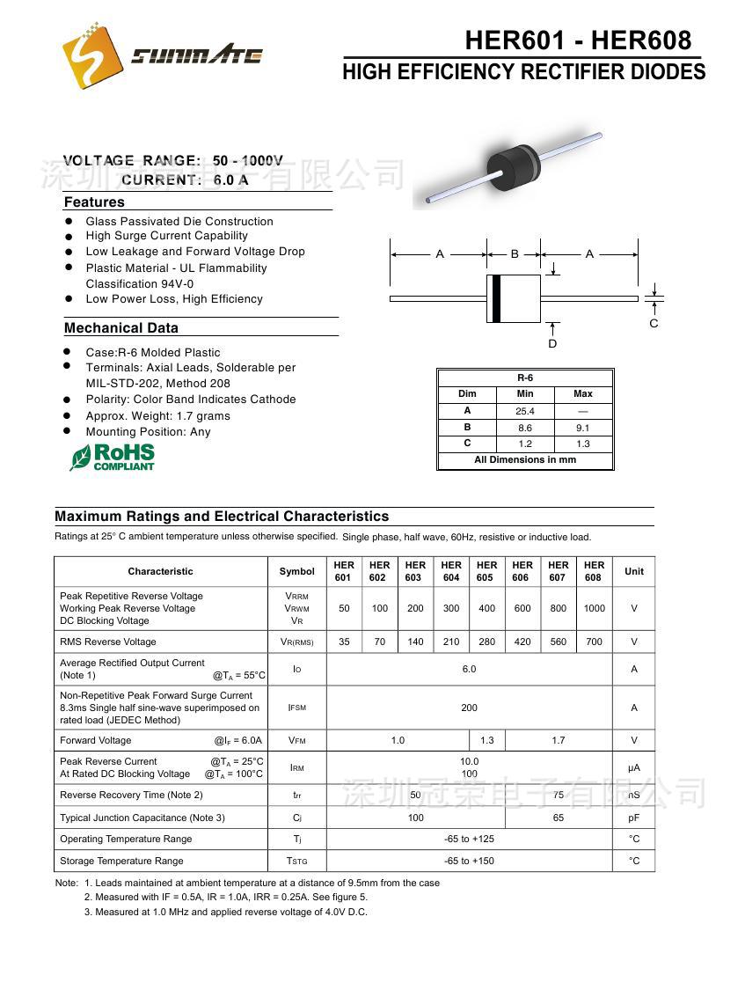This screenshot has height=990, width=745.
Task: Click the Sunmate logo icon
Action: click(91, 54)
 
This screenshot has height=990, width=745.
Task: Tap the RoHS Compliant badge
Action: click(113, 457)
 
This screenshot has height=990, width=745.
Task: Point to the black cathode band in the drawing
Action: click(496, 298)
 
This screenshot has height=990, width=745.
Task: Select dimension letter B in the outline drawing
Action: click(515, 254)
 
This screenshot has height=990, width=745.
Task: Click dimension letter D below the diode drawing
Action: click(552, 343)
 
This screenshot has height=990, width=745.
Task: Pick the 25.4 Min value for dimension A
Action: click(525, 411)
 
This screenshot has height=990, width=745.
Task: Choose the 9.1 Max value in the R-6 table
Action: click(582, 428)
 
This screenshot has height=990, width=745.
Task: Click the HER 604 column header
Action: click(451, 571)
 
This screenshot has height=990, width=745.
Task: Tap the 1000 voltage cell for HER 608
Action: click(595, 608)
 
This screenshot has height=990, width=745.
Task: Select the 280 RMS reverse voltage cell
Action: click(486, 642)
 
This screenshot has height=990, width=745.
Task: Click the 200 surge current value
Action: click(469, 708)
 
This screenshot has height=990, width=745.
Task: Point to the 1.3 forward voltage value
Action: click(487, 740)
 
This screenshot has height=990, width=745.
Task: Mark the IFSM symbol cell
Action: click(296, 708)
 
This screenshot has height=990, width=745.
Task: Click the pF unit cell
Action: click(633, 818)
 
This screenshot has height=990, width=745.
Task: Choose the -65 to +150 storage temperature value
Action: click(469, 861)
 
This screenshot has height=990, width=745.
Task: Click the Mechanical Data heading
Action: click(121, 328)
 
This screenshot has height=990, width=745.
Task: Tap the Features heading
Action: click(94, 202)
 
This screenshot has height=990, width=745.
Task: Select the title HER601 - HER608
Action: click(578, 40)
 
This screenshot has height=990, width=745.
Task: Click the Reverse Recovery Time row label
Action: click(131, 795)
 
